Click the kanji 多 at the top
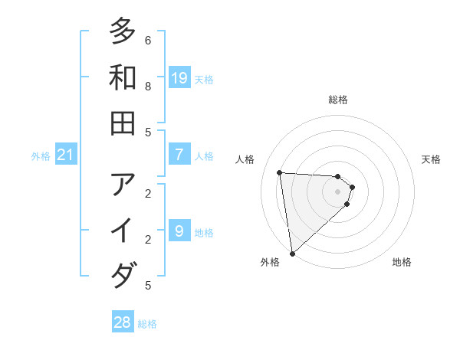coord(123,31)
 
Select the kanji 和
coord(123,77)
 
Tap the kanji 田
coord(123,123)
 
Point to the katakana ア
coord(123,185)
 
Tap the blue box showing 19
coord(179,77)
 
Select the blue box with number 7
coord(179,155)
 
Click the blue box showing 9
coord(179,231)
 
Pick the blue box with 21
coord(66,155)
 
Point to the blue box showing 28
coord(123,322)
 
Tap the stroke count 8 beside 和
coord(148,87)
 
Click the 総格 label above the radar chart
coord(338,100)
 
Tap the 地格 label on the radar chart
coord(402,262)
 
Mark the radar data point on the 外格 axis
coord(292,253)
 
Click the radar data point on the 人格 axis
coord(280,172)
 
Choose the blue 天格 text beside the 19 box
coord(204,79)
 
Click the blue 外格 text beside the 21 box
coord(41,156)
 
